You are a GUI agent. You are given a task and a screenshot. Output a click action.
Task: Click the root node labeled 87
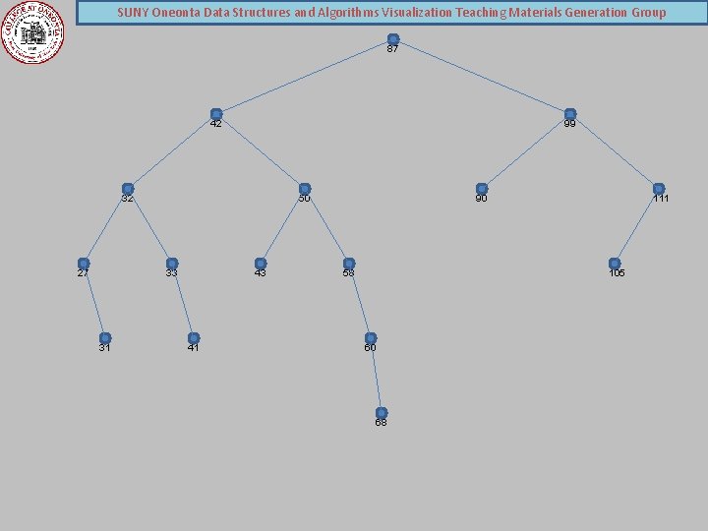point(393,40)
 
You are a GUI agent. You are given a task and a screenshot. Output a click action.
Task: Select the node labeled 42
point(216,115)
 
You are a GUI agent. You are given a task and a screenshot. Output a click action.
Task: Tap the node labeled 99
point(570,115)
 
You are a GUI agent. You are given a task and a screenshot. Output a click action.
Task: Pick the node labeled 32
point(128,189)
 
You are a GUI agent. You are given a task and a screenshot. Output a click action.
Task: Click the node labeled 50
point(305,189)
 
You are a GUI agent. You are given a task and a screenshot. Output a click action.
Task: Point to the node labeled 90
point(482,189)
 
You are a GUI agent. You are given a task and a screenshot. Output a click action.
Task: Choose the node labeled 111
point(659,189)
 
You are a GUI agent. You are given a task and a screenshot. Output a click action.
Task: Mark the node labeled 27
point(84,264)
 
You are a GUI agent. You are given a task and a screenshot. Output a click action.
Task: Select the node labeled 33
point(172,264)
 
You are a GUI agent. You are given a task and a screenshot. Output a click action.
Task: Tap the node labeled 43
point(261,264)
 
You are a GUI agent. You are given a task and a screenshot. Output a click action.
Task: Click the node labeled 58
point(349,264)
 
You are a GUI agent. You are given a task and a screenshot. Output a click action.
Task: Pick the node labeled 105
point(615,264)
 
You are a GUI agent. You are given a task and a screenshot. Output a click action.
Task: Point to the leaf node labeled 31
point(105,338)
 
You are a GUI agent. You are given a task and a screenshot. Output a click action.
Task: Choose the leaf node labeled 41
point(194,338)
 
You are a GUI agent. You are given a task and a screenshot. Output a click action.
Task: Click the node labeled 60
point(371,338)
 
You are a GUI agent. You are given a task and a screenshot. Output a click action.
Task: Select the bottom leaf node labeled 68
point(382,413)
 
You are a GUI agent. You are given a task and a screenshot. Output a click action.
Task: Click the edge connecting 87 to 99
point(482,78)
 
